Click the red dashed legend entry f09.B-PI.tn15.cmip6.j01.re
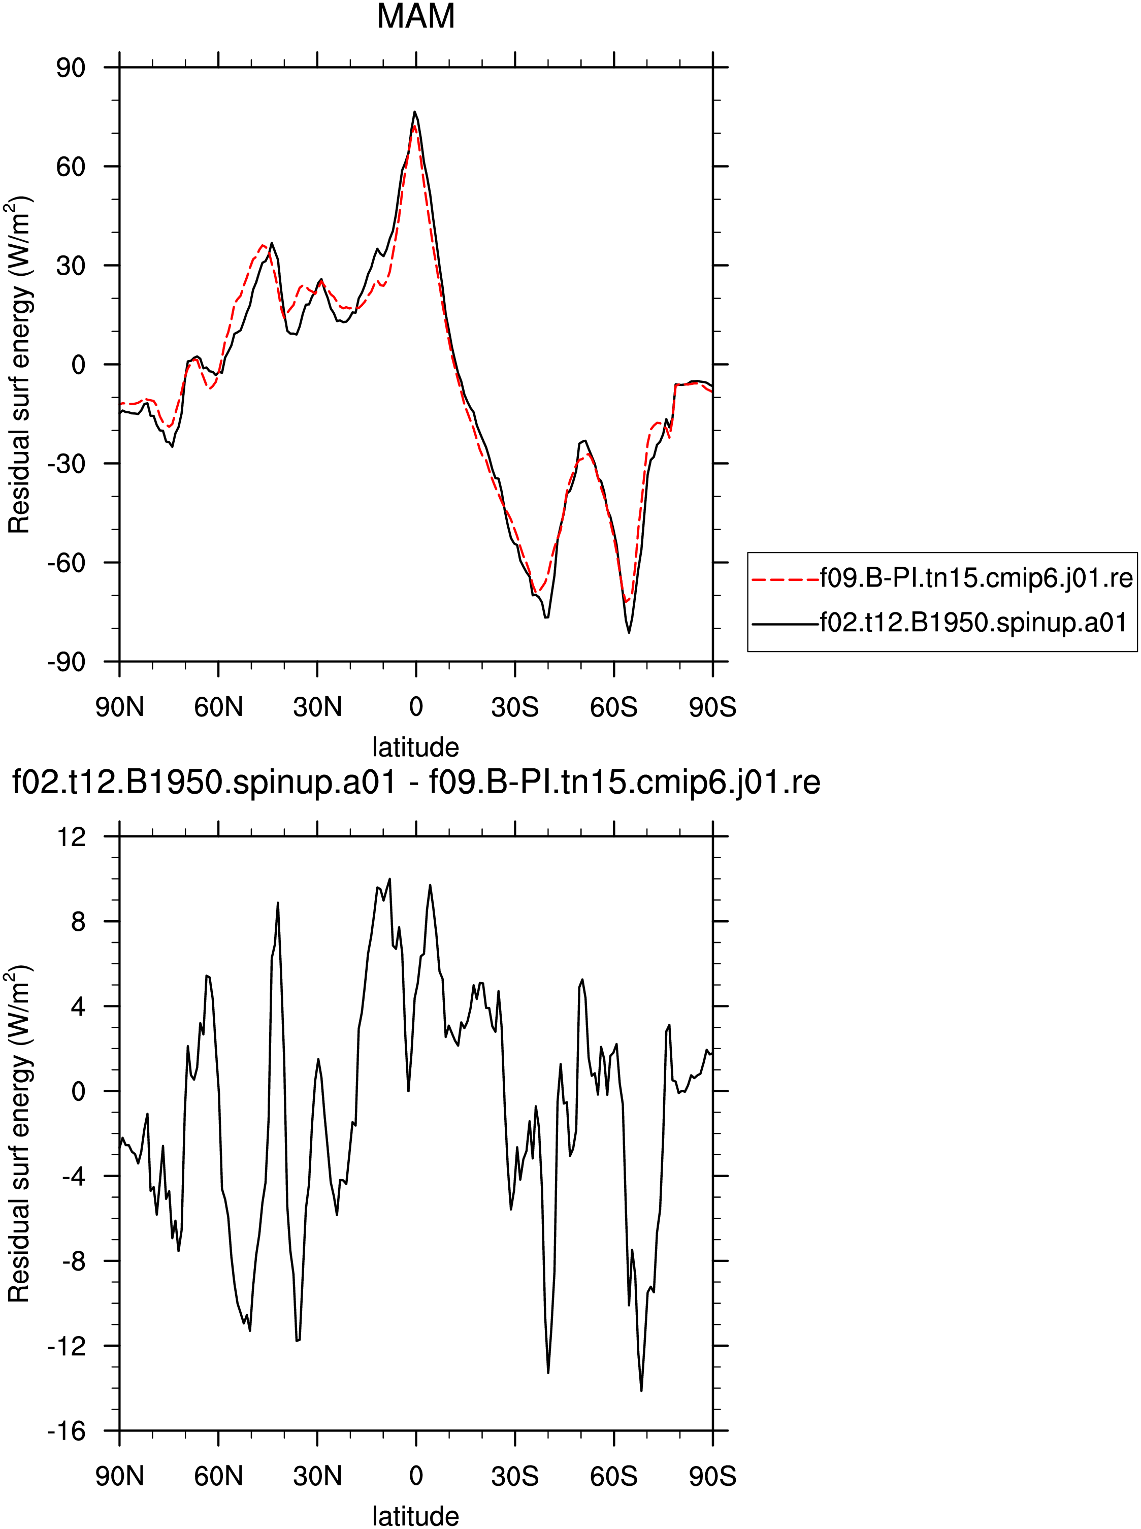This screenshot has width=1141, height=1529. [x=942, y=577]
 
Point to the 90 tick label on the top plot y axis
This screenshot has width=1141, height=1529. [x=71, y=68]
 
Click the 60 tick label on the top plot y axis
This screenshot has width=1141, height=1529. [x=71, y=167]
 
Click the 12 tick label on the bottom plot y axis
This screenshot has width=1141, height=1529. [x=71, y=837]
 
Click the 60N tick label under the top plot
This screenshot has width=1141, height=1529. [x=218, y=707]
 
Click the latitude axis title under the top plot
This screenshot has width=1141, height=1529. [x=416, y=747]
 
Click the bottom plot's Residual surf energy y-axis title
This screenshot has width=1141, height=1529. [x=19, y=1134]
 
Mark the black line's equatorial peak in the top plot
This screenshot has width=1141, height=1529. [x=415, y=111]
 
